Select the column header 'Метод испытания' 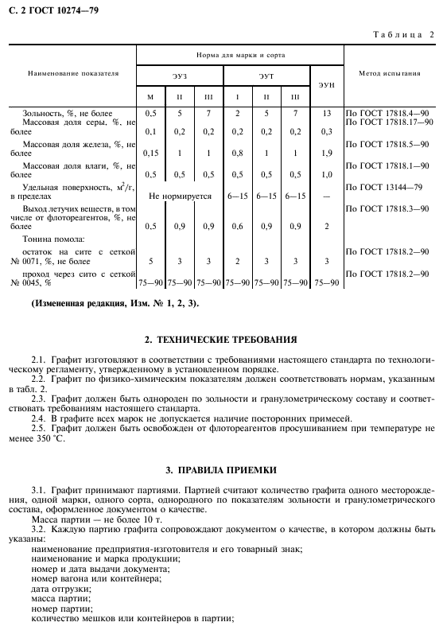389,73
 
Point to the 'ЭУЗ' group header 180,76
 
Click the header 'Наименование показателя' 72,73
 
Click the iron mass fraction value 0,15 150,153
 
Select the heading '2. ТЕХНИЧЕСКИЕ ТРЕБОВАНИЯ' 221,340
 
